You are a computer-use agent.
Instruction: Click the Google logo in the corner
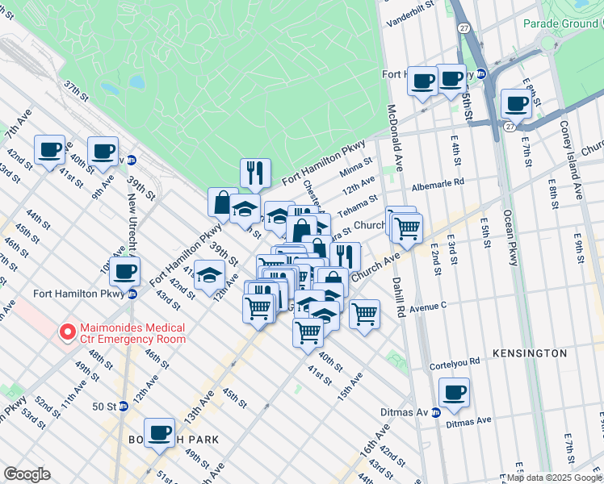tap(27, 474)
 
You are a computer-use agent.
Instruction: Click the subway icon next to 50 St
tap(123, 406)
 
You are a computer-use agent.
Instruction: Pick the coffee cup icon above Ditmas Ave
tap(455, 393)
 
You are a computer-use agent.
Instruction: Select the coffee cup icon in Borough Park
tap(159, 432)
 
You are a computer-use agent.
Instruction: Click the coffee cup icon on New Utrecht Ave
tap(124, 271)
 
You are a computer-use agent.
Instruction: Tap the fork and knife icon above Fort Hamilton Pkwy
tap(254, 172)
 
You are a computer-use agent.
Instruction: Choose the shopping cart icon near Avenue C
tap(365, 313)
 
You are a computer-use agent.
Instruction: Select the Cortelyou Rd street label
tap(455, 361)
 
